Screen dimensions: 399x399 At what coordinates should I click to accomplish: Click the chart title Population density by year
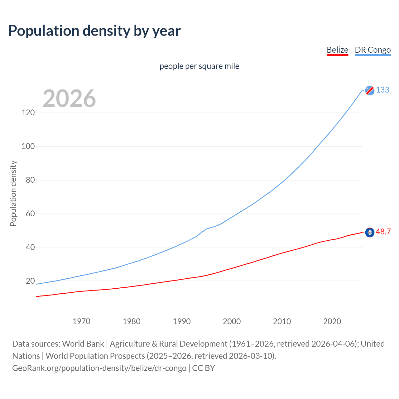pos(94,31)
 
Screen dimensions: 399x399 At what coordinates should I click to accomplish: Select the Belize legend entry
pos(337,50)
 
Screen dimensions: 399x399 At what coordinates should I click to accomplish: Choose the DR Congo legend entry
pos(373,50)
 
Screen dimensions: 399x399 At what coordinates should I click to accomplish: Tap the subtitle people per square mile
pos(199,66)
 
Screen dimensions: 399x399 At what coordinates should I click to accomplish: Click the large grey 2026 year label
pos(69,99)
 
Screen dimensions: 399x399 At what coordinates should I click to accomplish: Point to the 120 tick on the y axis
pos(28,113)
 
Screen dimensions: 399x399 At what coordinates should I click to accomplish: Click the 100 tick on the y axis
pos(28,146)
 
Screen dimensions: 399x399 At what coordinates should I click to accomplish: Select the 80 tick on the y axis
pos(29,180)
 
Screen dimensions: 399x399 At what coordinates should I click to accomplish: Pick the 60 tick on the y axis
pos(29,214)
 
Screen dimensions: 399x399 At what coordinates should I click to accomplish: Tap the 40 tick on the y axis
pos(29,247)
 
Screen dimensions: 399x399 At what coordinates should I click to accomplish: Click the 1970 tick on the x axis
pos(81,321)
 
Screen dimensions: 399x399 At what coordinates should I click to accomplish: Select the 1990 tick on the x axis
pos(182,321)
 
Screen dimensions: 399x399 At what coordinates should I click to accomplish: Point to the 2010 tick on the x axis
pos(282,321)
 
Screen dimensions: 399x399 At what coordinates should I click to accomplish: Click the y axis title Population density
pos(13,193)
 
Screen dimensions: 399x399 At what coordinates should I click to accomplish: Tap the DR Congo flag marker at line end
pos(370,90)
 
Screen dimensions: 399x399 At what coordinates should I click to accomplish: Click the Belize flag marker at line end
pos(370,233)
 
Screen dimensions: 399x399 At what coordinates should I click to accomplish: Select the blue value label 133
pos(382,90)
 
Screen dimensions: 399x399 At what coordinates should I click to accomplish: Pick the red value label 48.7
pos(383,232)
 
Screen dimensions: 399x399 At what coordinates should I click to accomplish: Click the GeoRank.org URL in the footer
pos(99,368)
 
